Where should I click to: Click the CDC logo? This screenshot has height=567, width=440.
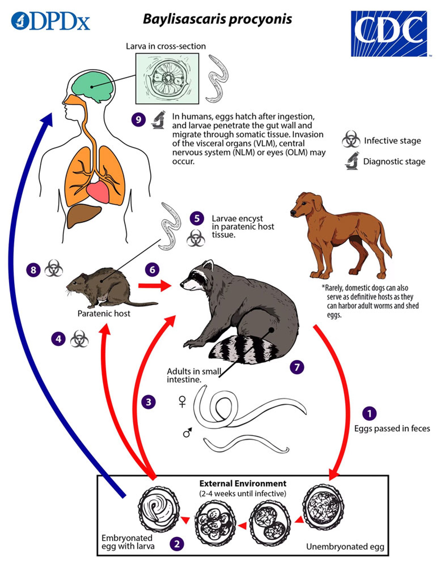(389, 33)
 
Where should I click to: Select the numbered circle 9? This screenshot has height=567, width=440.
(138, 120)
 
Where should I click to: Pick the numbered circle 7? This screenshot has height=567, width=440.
(297, 367)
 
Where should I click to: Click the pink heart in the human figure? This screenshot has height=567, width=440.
(98, 192)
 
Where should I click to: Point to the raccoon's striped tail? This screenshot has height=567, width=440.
(243, 350)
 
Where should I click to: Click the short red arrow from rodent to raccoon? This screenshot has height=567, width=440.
(155, 286)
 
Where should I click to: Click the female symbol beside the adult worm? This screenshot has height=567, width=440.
(182, 401)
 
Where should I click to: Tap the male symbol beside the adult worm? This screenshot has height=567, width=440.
(187, 432)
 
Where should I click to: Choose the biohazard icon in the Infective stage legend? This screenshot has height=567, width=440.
(351, 139)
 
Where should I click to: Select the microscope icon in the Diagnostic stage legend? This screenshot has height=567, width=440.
(352, 161)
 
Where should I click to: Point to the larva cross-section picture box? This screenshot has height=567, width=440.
(167, 79)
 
